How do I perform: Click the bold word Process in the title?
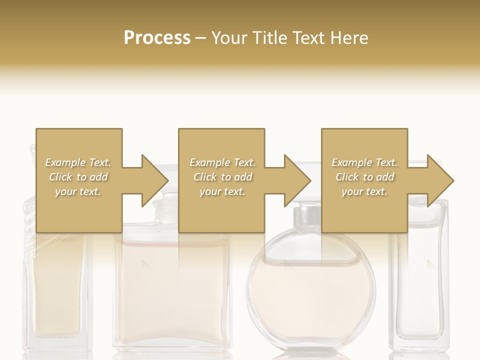tap(157, 38)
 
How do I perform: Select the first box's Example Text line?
tap(78, 162)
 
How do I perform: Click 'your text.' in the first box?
tap(78, 191)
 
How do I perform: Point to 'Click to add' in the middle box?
tap(222, 177)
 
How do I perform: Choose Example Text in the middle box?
tap(222, 162)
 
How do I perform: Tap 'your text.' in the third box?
tap(364, 191)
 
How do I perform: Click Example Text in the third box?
tap(364, 162)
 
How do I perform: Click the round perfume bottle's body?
tap(310, 295)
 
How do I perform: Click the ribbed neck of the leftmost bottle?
tap(29, 220)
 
